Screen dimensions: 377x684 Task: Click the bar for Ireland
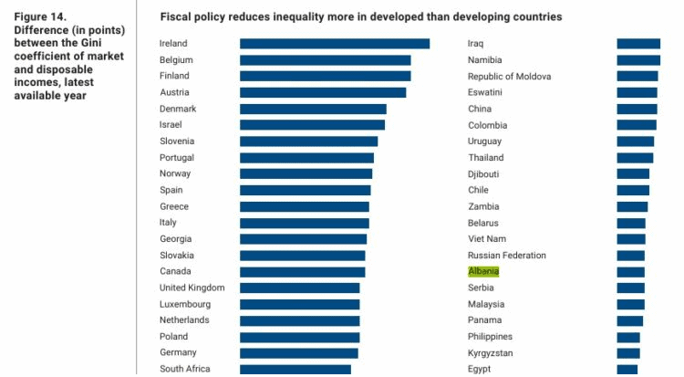pos(334,44)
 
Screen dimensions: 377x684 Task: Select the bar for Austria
pos(323,92)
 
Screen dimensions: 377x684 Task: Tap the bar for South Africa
pos(295,369)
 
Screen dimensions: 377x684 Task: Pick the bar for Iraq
pos(638,44)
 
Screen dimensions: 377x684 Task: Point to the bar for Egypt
pos(627,369)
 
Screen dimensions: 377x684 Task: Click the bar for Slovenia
pos(308,141)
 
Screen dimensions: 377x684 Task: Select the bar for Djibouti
pos(633,173)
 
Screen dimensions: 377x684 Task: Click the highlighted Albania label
pos(483,271)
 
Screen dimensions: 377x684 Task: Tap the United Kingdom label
pos(192,288)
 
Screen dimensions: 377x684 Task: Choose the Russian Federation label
pos(507,256)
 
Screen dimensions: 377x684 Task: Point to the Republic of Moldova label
pos(510,77)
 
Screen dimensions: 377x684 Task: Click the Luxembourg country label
pos(185,304)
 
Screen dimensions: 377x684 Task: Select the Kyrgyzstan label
pos(490,352)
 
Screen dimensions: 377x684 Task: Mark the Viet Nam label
pos(487,239)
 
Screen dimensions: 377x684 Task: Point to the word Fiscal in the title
pos(174,17)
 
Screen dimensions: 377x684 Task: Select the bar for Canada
pos(302,271)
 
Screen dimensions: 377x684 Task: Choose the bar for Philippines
pos(628,337)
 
